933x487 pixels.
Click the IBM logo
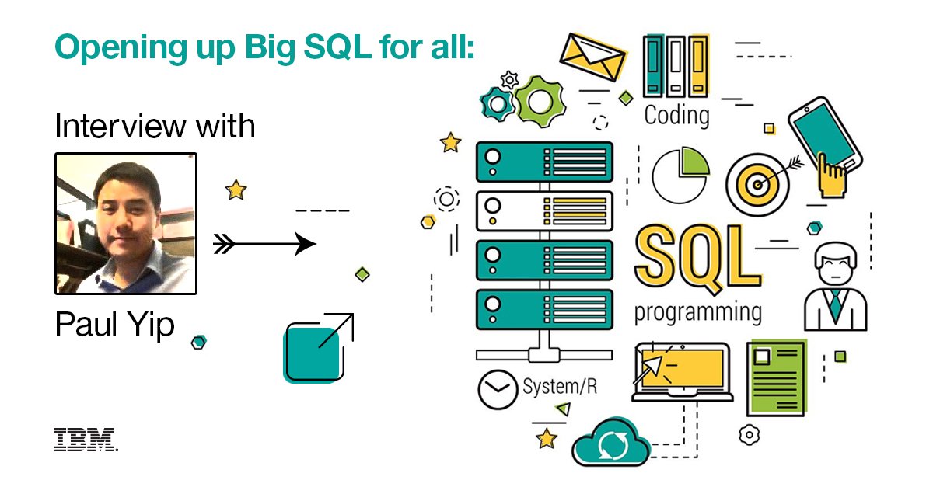point(86,440)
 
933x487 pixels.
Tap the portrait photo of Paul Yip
point(126,224)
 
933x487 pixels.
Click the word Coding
point(676,116)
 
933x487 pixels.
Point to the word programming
point(697,312)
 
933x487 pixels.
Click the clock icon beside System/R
point(498,389)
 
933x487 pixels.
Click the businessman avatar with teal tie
point(836,287)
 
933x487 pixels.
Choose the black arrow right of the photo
point(265,245)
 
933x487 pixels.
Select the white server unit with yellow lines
point(544,210)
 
